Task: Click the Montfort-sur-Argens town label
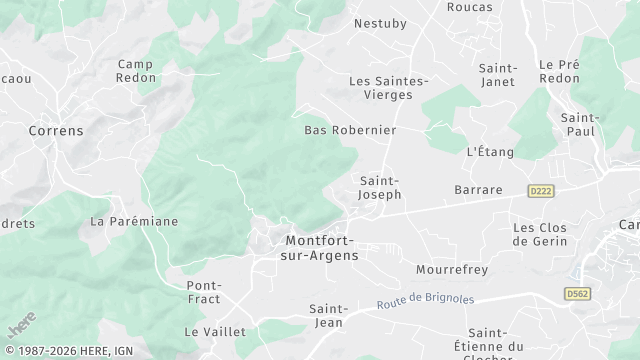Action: [322, 248]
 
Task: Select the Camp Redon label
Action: [135, 72]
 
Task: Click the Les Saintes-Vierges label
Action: [388, 88]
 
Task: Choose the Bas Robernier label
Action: [350, 130]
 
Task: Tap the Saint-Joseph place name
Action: [380, 187]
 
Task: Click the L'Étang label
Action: [490, 152]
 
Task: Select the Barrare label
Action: [478, 189]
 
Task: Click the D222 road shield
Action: [541, 189]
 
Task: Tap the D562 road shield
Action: [576, 294]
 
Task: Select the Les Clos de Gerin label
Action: [540, 234]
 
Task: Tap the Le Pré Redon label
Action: [560, 71]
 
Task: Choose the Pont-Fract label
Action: [204, 292]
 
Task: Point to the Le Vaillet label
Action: [208, 331]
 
